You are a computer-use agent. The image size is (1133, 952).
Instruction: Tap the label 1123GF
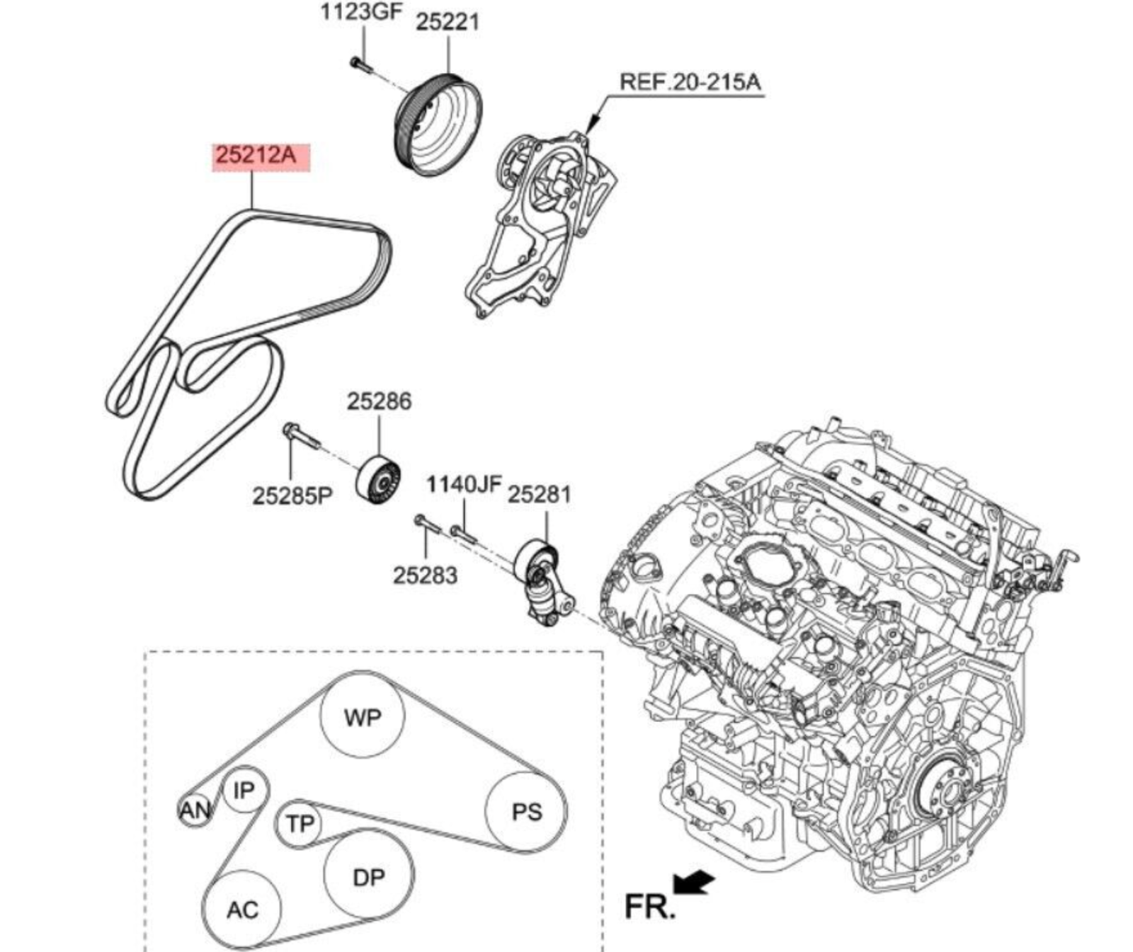361,13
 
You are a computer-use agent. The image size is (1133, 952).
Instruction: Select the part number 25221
447,22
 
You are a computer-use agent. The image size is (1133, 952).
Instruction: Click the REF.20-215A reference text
690,82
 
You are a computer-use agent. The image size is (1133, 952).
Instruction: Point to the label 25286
378,402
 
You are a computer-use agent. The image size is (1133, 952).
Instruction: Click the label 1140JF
463,486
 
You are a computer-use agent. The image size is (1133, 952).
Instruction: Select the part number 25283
425,575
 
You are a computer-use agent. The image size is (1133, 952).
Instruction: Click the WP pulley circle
363,716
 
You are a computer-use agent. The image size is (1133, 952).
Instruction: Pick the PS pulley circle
526,811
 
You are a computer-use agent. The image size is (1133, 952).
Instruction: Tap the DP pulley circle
368,876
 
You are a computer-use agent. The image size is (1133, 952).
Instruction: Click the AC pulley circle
242,909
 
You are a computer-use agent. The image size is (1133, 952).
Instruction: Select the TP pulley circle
299,824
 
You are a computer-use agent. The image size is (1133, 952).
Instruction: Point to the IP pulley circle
244,791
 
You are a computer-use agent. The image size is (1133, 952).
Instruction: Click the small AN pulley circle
194,811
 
